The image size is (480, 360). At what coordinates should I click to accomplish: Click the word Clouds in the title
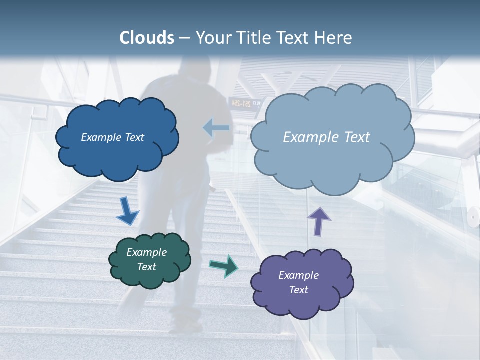[147, 38]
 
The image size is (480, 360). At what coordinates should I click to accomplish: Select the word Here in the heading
[334, 38]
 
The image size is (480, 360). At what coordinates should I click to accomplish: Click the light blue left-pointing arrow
[216, 128]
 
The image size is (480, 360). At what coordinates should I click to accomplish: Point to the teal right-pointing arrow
[223, 265]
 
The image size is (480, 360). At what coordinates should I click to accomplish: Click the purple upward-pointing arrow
[319, 221]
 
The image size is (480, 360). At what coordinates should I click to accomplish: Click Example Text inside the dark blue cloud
[112, 137]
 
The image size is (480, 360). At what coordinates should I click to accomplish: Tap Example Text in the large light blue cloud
[326, 137]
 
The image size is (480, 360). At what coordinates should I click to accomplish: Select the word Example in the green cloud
[146, 252]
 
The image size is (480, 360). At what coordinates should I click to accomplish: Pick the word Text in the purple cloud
[298, 290]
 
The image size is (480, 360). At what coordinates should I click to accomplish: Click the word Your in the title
[212, 38]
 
